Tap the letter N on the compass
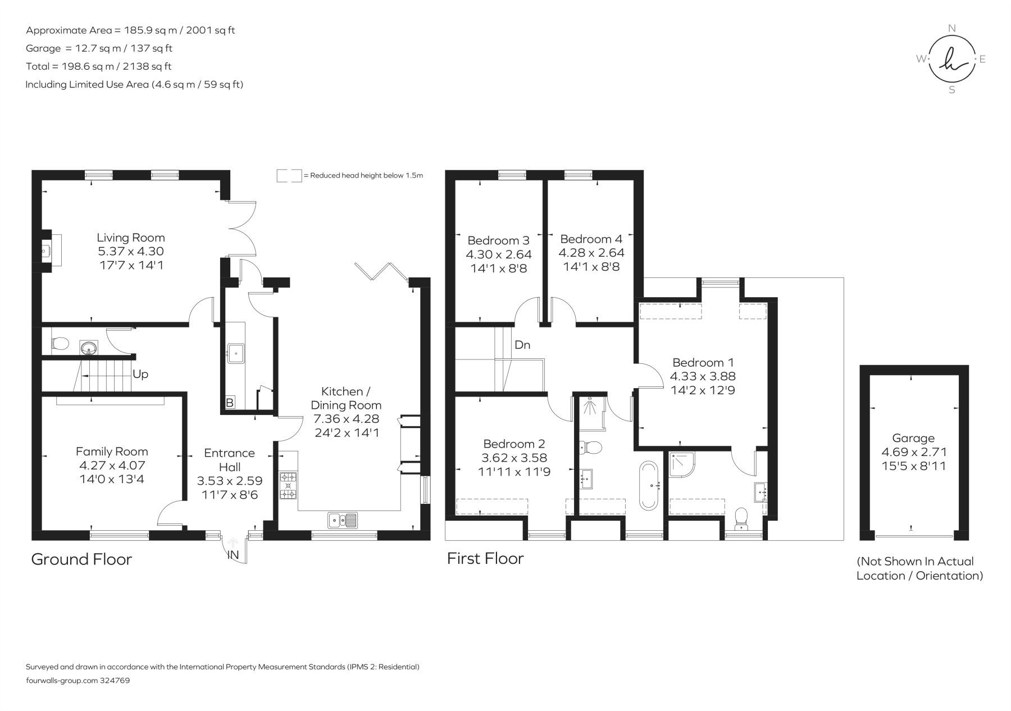click(x=951, y=28)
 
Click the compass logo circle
click(x=951, y=59)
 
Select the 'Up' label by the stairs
click(x=140, y=374)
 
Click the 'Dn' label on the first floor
click(x=522, y=345)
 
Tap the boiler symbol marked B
click(x=229, y=403)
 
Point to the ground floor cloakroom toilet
click(x=60, y=343)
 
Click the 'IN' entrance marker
click(x=233, y=555)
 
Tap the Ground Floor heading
click(x=81, y=559)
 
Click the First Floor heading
click(x=485, y=558)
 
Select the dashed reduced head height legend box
click(x=289, y=175)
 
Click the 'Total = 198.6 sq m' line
click(x=99, y=66)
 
